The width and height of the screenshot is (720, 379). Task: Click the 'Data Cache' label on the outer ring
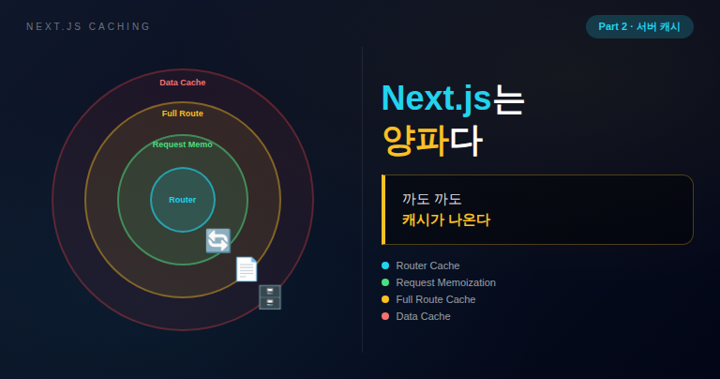[182, 83]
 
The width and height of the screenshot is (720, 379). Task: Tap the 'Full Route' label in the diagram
[182, 114]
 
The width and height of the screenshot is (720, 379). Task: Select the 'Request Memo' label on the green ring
[182, 144]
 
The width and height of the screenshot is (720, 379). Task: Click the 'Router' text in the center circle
[182, 200]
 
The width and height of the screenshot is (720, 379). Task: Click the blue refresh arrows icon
[218, 241]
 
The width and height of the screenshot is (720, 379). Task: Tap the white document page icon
[247, 268]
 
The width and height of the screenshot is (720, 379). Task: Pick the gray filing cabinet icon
[270, 297]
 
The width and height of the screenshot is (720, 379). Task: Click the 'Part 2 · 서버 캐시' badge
[639, 26]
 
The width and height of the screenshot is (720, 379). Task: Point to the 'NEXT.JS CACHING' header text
[88, 26]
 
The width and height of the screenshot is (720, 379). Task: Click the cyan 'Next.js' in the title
[436, 99]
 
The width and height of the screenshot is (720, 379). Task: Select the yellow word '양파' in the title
[415, 141]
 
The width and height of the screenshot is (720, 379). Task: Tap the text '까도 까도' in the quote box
[431, 199]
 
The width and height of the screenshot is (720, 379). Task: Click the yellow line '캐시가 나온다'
[446, 220]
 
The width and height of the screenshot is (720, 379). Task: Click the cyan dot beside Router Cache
[385, 265]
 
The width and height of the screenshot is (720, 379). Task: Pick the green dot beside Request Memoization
[385, 282]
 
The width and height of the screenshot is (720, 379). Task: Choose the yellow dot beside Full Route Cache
[385, 299]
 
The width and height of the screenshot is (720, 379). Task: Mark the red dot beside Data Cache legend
[385, 316]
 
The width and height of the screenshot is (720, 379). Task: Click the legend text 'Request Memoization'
[446, 282]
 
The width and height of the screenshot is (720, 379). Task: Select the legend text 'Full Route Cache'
[436, 299]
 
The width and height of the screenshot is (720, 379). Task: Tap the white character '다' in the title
[466, 141]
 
